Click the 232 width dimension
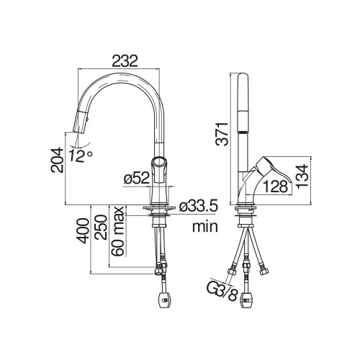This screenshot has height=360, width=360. pos(125,61)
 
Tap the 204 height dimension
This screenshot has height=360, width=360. pos(57,160)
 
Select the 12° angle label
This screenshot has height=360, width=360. pos(81,156)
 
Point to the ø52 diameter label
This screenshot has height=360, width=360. pos(137,179)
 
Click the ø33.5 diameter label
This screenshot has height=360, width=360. pos(199,206)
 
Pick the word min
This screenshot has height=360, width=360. pos(205,226)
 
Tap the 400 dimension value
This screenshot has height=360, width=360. pos(83,230)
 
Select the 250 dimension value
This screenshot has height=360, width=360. pos(100,227)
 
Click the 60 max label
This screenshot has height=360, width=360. pos(118,231)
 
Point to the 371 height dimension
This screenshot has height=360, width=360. pos(222,134)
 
